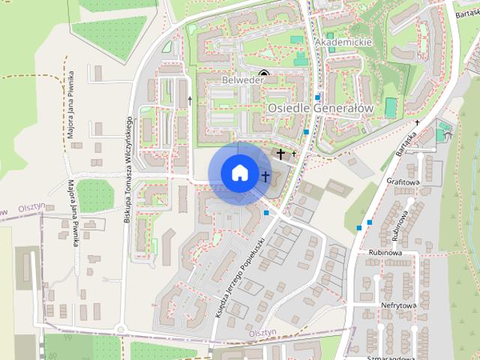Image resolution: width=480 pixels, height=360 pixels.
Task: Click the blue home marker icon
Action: click(238, 172)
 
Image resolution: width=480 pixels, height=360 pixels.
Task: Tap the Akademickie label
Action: click(344, 43)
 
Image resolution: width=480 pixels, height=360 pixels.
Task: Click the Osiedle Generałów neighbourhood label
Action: click(320, 108)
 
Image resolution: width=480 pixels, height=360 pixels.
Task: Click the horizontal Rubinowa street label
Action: click(385, 253)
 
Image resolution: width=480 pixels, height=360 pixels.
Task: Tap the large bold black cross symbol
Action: click(281, 154)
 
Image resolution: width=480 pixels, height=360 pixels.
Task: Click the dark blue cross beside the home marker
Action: click(265, 176)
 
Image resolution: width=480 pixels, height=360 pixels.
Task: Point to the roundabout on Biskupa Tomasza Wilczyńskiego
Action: click(120, 328)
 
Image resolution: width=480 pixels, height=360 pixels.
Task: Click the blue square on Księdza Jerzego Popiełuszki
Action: click(266, 212)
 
